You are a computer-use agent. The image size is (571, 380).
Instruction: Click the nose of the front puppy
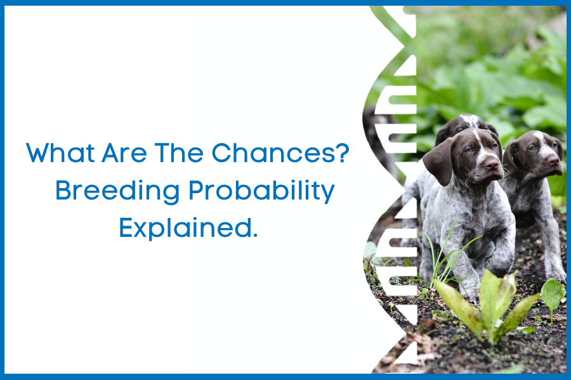(491, 166)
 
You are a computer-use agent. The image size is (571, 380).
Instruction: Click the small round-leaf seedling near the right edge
(553, 293)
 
